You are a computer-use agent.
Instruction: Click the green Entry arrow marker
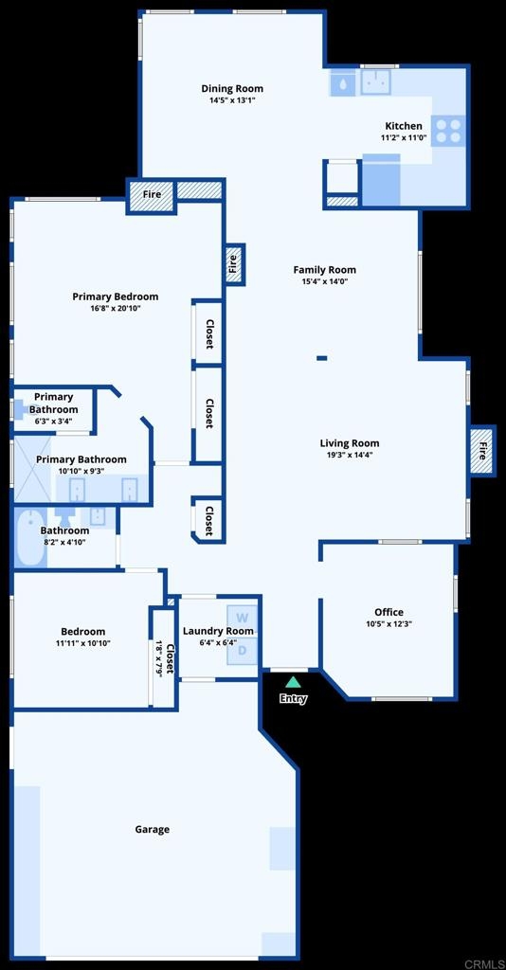(x=293, y=682)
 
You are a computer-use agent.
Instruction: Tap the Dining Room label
(x=232, y=88)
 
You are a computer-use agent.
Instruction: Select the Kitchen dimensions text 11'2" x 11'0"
(x=404, y=137)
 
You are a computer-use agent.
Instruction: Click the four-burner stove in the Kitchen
(x=448, y=131)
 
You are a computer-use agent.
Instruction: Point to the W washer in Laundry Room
(x=243, y=618)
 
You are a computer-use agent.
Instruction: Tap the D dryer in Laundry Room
(x=243, y=650)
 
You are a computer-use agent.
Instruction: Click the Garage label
(x=153, y=830)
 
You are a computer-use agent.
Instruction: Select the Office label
(x=389, y=613)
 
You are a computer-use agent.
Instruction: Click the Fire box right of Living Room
(x=483, y=450)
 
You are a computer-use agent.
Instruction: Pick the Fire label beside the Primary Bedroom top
(x=153, y=194)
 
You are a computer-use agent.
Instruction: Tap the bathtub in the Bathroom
(x=29, y=538)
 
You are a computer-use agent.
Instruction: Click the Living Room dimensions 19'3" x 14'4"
(x=350, y=455)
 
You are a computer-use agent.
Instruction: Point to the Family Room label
(x=325, y=270)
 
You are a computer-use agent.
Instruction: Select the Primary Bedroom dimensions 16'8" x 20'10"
(x=116, y=308)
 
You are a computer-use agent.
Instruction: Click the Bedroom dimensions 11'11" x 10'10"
(x=82, y=643)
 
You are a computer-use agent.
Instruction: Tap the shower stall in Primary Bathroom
(x=32, y=469)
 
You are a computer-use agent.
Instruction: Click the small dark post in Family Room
(x=321, y=357)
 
